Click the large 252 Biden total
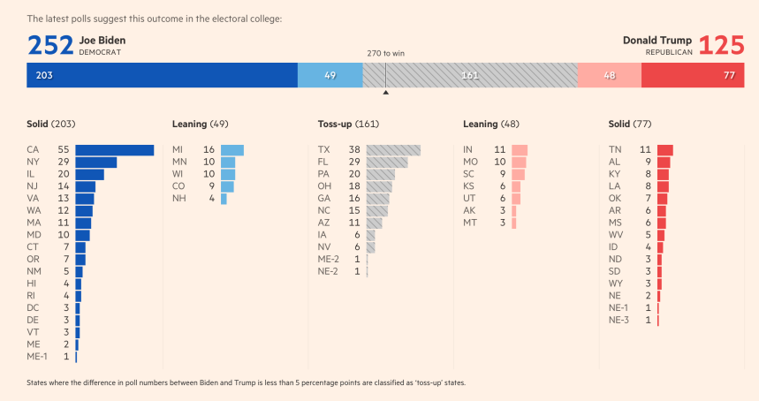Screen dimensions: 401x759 (49, 45)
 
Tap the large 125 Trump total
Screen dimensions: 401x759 (721, 45)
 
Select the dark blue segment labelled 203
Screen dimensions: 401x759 (162, 75)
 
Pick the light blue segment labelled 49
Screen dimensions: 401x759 (330, 75)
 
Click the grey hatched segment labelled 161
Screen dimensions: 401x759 (469, 75)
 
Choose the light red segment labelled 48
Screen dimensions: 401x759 (609, 75)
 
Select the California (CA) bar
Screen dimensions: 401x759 (115, 150)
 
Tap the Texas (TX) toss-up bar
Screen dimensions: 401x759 (393, 150)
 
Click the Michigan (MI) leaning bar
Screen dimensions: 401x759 (231, 150)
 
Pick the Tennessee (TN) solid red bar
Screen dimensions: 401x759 (665, 150)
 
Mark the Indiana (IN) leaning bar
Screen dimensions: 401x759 (520, 150)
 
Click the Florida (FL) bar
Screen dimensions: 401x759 (387, 163)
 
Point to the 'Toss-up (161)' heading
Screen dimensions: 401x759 (348, 125)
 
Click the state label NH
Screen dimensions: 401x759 (179, 199)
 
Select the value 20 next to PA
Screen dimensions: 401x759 (354, 175)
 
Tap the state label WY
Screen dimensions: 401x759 (616, 283)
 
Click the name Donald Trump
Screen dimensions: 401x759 (657, 41)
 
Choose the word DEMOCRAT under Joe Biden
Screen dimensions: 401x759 (99, 52)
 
